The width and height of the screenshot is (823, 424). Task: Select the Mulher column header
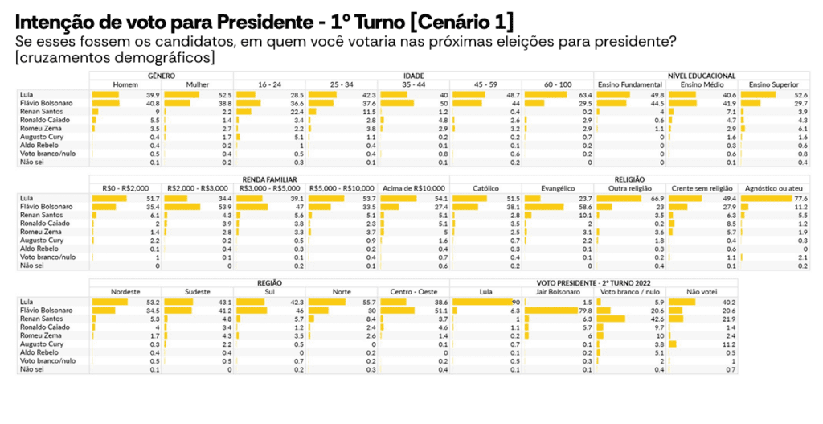point(197,84)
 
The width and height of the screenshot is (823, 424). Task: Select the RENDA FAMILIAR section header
point(269,179)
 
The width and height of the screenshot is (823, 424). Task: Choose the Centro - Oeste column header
point(413,291)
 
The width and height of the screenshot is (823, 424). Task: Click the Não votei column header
point(701,291)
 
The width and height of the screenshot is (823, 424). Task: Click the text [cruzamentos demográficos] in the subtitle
point(114,58)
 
